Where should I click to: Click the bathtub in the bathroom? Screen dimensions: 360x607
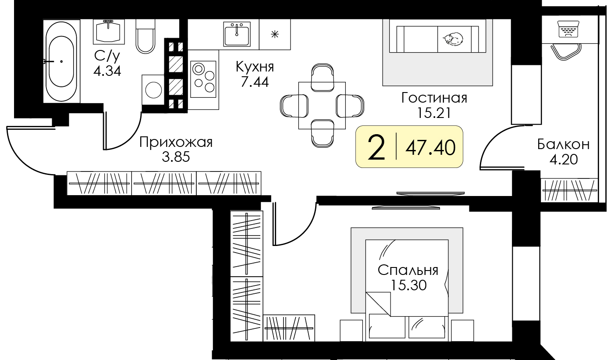(61, 61)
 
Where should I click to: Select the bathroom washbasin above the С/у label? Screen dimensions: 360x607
(107, 31)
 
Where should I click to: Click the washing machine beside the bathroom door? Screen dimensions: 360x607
(153, 90)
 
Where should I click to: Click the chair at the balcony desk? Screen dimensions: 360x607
(568, 51)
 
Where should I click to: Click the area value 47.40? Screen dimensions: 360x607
(430, 147)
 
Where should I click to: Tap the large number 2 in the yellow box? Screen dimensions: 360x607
(376, 147)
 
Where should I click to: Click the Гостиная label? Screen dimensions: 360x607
(434, 98)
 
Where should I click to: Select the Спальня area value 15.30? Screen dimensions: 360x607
(408, 285)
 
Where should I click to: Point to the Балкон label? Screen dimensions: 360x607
(564, 144)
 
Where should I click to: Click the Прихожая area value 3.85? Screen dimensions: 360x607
(176, 157)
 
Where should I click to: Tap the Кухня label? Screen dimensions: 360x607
(255, 67)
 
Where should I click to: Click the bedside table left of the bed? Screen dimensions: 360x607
(351, 331)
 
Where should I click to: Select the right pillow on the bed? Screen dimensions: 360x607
(426, 327)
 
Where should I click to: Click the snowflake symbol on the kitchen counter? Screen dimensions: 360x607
(275, 34)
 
